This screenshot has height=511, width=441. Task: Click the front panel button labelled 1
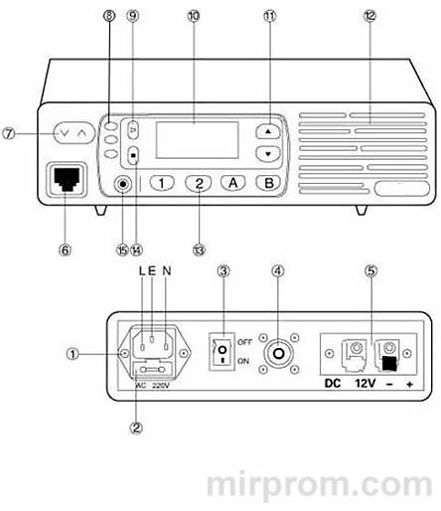[x=164, y=183]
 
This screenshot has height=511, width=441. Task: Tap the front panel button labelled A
[x=232, y=183]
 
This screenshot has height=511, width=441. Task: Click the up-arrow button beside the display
[x=265, y=131]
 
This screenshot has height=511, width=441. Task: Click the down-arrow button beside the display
[x=265, y=154]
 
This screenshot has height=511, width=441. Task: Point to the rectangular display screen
[x=196, y=139]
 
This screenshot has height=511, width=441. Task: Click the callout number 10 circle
[x=193, y=16]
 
